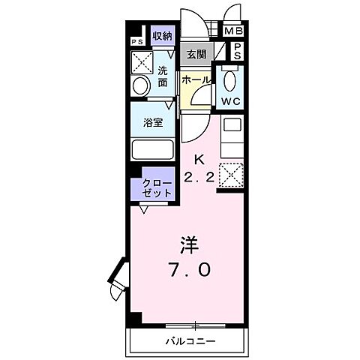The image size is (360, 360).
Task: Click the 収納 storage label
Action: click(162, 36)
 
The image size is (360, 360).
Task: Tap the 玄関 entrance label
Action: click(196, 54)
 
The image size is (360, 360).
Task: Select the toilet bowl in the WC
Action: click(229, 79)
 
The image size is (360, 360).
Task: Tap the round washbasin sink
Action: click(139, 85)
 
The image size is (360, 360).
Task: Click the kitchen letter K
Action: click(199, 159)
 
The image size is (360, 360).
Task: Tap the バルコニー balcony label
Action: click(190, 340)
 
